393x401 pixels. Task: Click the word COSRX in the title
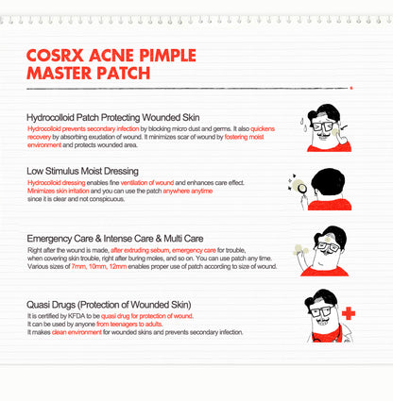(55, 56)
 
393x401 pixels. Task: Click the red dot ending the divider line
(351, 88)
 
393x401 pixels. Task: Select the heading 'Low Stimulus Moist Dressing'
(82, 171)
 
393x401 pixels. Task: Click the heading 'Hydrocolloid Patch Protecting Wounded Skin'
(113, 118)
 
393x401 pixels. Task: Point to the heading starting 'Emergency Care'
(115, 239)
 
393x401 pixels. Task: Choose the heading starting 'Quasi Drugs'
(109, 305)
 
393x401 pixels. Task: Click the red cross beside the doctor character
(349, 313)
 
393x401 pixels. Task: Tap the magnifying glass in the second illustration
(302, 190)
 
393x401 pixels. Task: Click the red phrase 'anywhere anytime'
(188, 191)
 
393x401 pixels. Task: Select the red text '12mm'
(118, 266)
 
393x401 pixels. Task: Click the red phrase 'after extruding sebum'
(140, 250)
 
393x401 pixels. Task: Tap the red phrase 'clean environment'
(77, 332)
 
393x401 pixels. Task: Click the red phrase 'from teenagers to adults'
(129, 325)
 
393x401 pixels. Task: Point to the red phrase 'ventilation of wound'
(147, 183)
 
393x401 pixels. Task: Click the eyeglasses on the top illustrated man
(322, 126)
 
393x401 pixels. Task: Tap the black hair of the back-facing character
(328, 181)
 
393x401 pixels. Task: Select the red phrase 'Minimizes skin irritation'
(59, 191)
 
